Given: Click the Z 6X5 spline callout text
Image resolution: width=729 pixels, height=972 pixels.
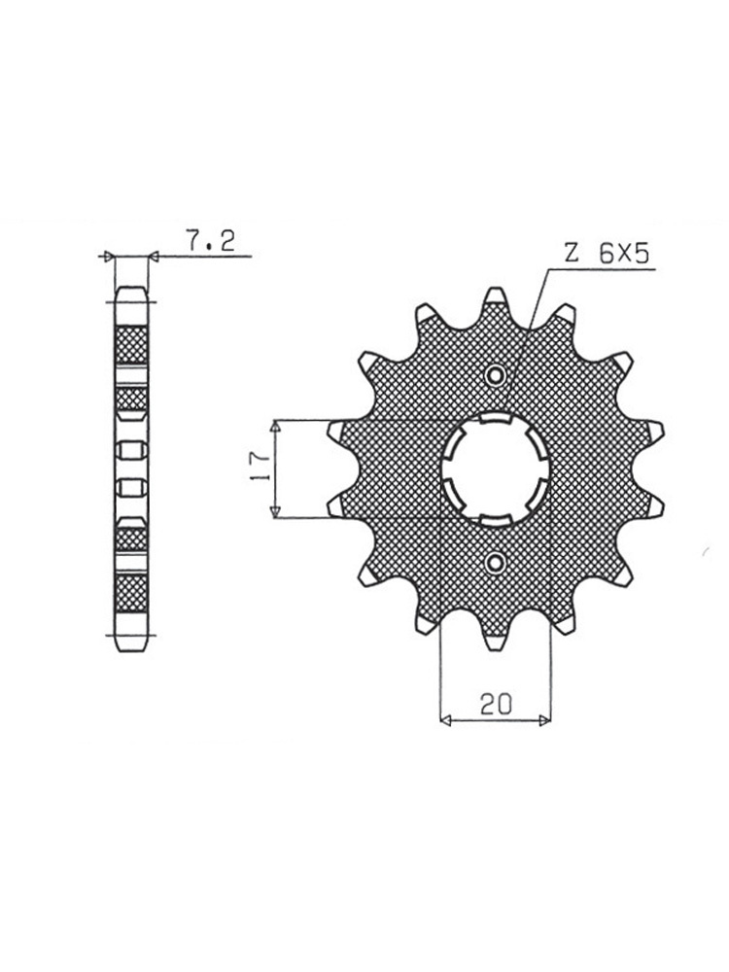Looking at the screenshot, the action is pos(607,253).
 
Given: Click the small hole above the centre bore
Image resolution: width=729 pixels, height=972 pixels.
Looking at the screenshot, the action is pos(496,374).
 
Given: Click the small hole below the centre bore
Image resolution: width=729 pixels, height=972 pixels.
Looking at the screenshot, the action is pos(496,562).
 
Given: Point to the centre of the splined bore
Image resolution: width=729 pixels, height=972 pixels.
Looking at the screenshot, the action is pos(496,469).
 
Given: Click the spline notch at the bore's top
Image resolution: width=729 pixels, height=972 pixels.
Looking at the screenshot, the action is pos(496,418).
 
